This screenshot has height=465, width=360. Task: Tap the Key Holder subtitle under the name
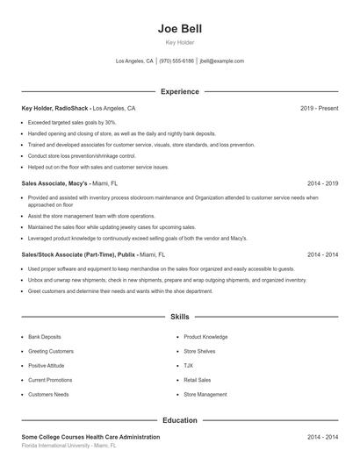(x=179, y=42)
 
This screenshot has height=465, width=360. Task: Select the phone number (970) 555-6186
(x=176, y=61)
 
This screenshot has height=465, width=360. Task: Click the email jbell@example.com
(x=221, y=61)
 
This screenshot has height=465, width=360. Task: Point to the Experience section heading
(x=179, y=91)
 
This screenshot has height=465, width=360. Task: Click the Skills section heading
(x=179, y=316)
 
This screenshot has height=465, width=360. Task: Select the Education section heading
(x=179, y=420)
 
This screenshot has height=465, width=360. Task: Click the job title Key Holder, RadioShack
(x=55, y=108)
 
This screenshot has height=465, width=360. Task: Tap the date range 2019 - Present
(x=319, y=108)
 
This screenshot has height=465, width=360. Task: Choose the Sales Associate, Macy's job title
(x=54, y=184)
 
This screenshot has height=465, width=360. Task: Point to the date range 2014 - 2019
(x=322, y=184)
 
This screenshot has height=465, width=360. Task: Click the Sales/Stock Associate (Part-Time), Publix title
(x=79, y=254)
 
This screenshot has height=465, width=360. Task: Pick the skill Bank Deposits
(x=45, y=337)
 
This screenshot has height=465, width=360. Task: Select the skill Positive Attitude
(x=47, y=366)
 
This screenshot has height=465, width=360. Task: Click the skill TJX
(x=189, y=366)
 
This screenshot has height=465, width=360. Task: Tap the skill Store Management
(x=205, y=395)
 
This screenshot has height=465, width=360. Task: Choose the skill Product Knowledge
(x=205, y=337)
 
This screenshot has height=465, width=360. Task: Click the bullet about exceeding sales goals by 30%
(x=72, y=123)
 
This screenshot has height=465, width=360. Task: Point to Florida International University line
(x=68, y=446)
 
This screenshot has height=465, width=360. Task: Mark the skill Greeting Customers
(x=51, y=351)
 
